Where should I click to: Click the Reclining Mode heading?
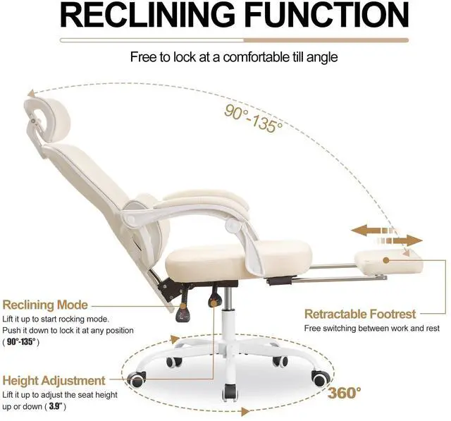coord(45,305)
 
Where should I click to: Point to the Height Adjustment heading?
coord(54,380)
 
